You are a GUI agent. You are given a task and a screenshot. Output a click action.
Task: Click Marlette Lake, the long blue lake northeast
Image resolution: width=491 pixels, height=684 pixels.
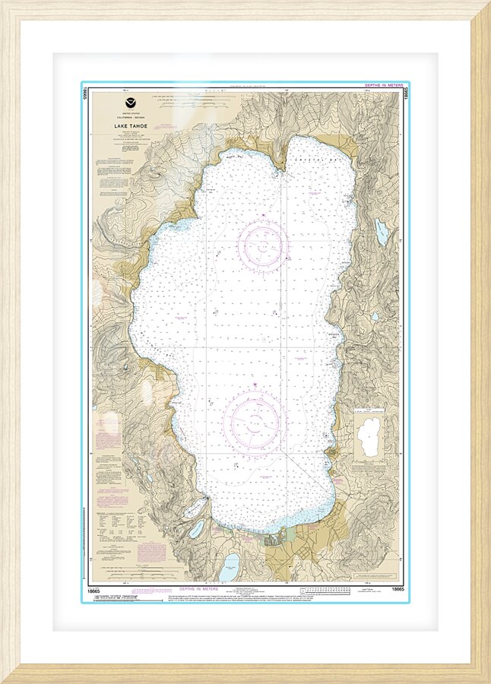click(381, 232)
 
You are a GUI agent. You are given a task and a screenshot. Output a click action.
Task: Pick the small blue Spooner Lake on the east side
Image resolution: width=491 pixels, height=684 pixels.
click(375, 317)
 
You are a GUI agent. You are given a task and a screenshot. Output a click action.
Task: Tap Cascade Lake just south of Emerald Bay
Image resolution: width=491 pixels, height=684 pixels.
click(197, 528)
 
